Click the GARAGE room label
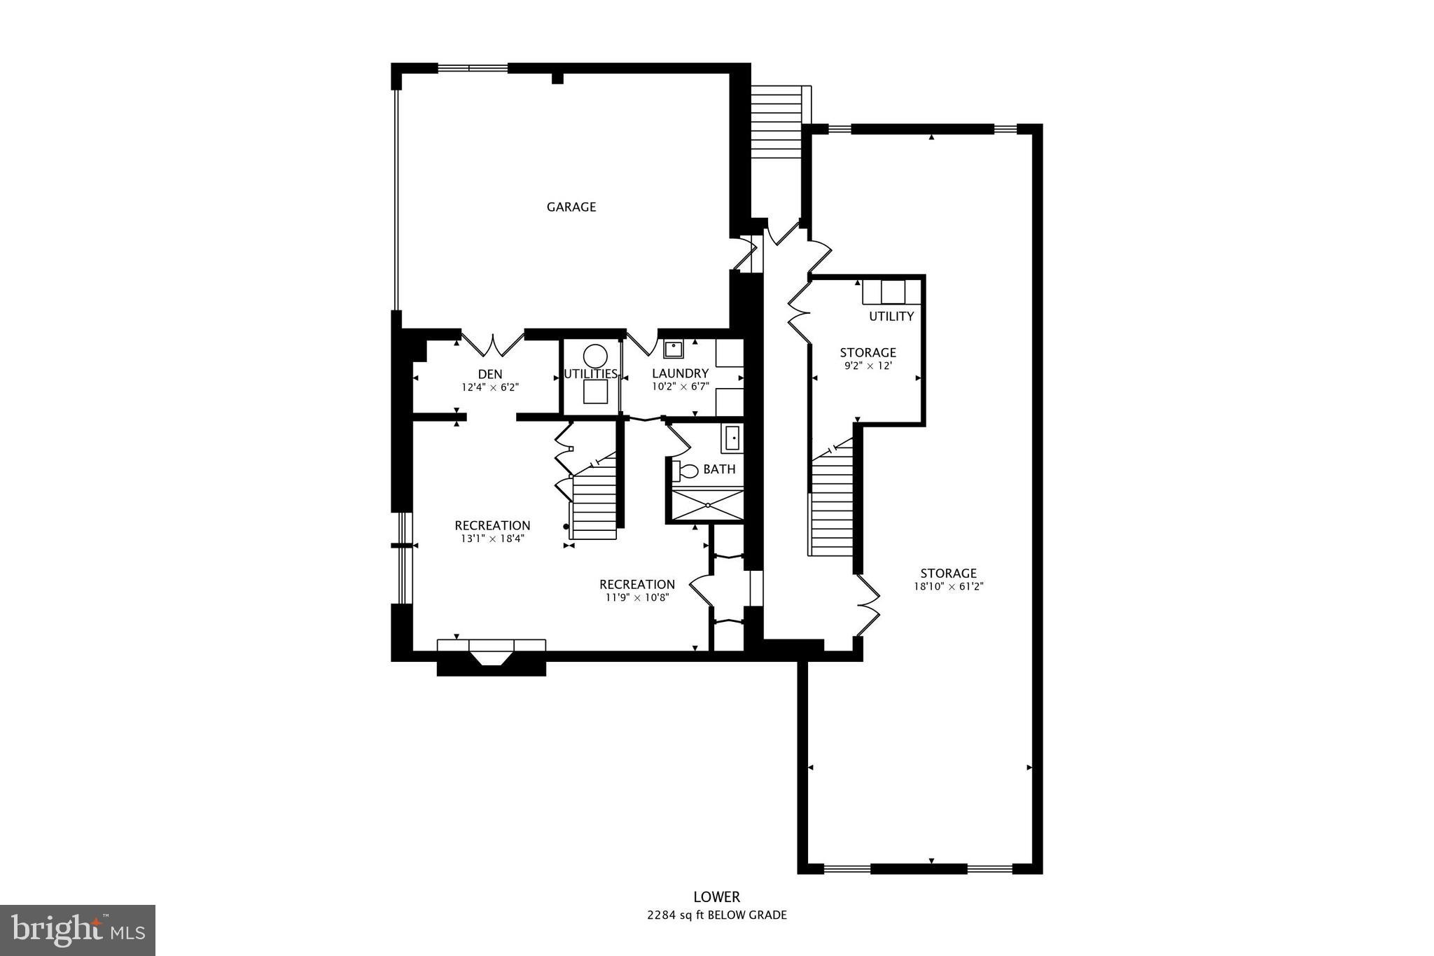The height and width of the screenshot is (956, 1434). point(571,207)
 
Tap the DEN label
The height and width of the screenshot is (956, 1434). point(490,374)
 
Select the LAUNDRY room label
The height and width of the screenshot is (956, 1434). point(680,373)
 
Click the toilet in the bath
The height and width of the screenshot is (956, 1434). point(685,471)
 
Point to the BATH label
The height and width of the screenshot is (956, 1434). point(719,469)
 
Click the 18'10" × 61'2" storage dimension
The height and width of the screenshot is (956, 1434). point(949,587)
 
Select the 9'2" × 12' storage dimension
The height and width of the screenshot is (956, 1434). point(868,366)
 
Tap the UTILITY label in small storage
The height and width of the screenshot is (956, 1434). point(891,317)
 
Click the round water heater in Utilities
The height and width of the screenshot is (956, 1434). point(595,356)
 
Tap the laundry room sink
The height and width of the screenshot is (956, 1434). point(674,349)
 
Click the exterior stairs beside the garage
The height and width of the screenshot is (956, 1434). point(777,123)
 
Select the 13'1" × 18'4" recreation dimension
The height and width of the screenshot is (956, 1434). point(492,539)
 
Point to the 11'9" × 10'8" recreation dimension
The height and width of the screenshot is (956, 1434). point(637,597)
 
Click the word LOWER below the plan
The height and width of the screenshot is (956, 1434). point(716,896)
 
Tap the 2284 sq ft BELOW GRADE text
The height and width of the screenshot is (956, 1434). point(716,915)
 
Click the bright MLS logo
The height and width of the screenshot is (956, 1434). point(78,929)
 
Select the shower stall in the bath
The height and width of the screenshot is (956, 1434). point(708,504)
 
